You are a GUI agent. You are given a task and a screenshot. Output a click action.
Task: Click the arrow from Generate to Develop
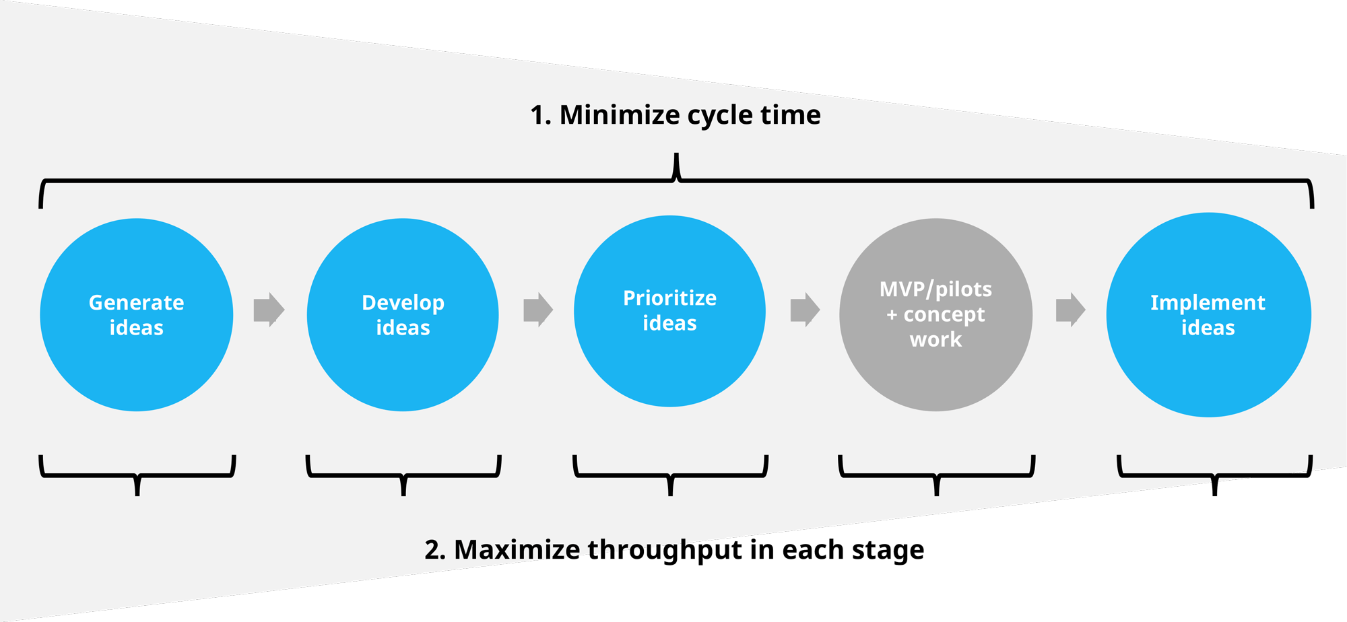(269, 310)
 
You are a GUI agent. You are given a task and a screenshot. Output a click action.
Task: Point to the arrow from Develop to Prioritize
(538, 310)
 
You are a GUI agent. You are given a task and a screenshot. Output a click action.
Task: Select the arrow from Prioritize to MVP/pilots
(805, 310)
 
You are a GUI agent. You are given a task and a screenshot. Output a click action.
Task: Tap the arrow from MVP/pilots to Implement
(1070, 310)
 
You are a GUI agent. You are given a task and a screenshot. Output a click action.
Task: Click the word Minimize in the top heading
(620, 115)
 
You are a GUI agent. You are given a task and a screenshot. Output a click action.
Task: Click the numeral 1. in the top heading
(540, 115)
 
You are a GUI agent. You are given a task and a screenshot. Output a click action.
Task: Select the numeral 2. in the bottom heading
(435, 550)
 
